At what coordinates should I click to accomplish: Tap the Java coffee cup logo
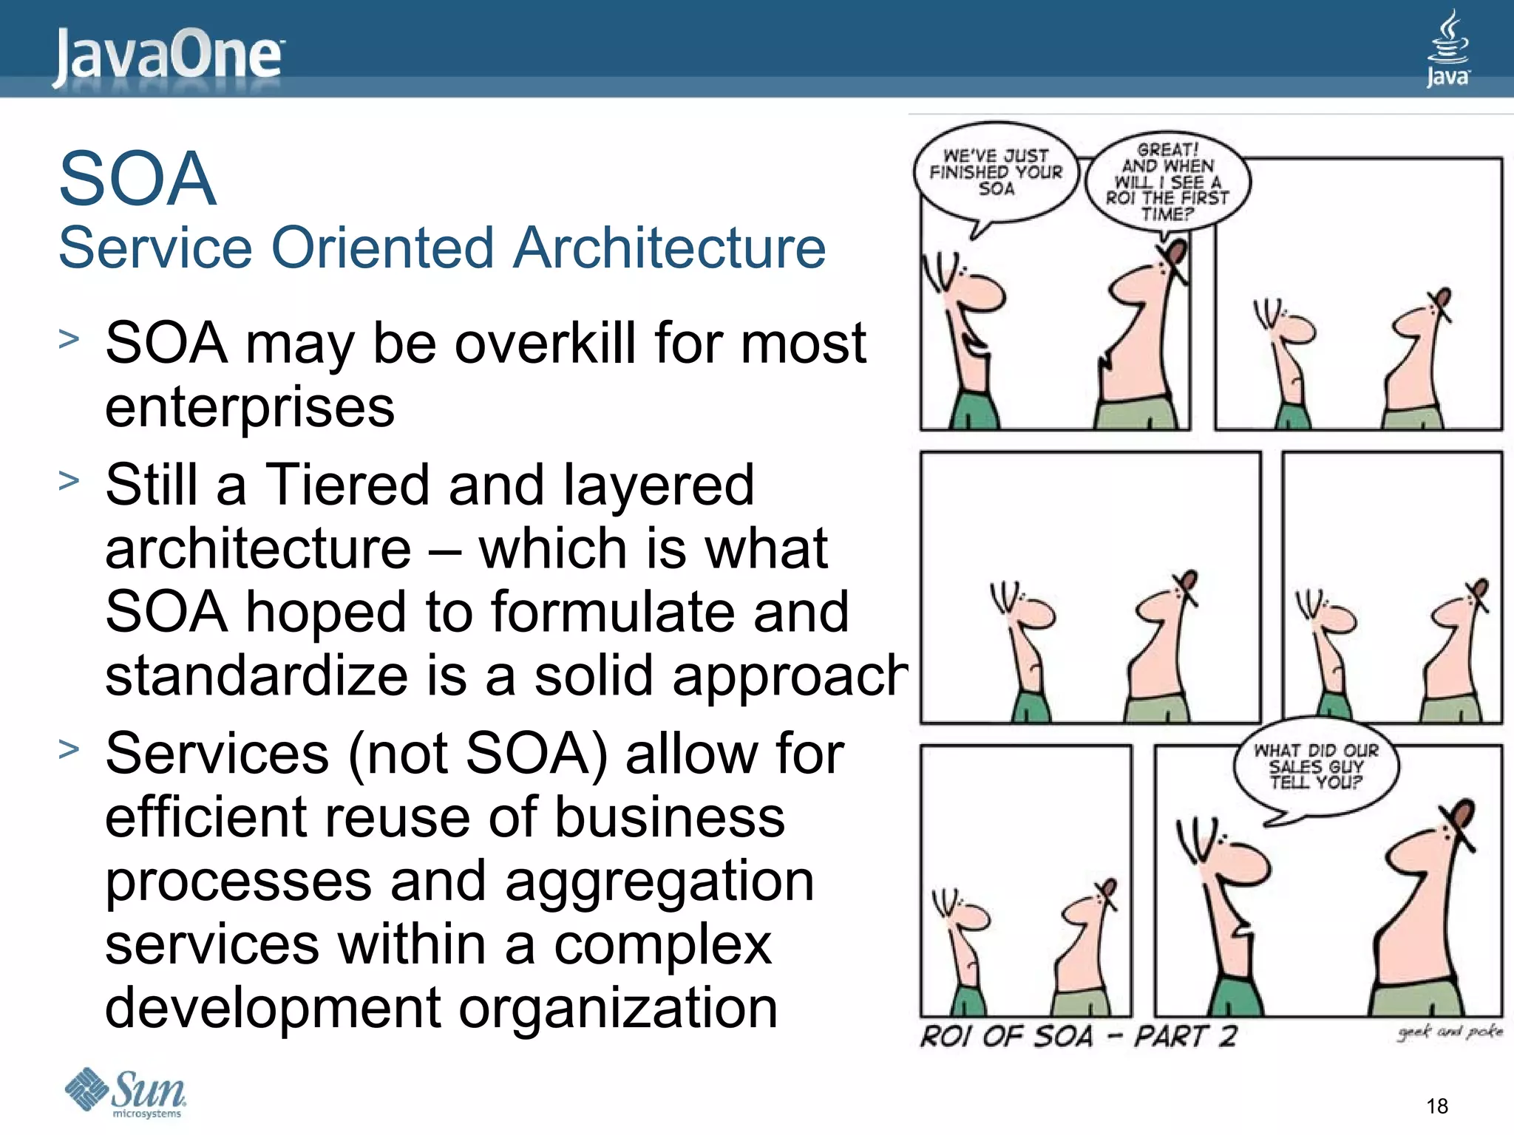(x=1447, y=49)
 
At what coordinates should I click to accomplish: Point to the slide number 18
(x=1437, y=1105)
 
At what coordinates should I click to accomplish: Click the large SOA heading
(x=138, y=179)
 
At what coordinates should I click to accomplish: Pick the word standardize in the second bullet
(x=256, y=675)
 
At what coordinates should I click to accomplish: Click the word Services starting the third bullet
(x=217, y=754)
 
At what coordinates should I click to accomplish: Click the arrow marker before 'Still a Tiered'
(x=69, y=481)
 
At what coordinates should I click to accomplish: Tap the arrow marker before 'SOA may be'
(x=69, y=339)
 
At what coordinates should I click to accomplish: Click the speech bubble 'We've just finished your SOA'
(x=995, y=173)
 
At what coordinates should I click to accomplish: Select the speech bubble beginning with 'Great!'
(x=1167, y=182)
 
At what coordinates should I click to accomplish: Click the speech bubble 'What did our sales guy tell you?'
(x=1316, y=767)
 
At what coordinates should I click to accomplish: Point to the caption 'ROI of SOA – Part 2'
(x=1078, y=1036)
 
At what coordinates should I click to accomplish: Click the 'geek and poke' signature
(x=1449, y=1032)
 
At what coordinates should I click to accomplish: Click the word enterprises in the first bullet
(x=250, y=408)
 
